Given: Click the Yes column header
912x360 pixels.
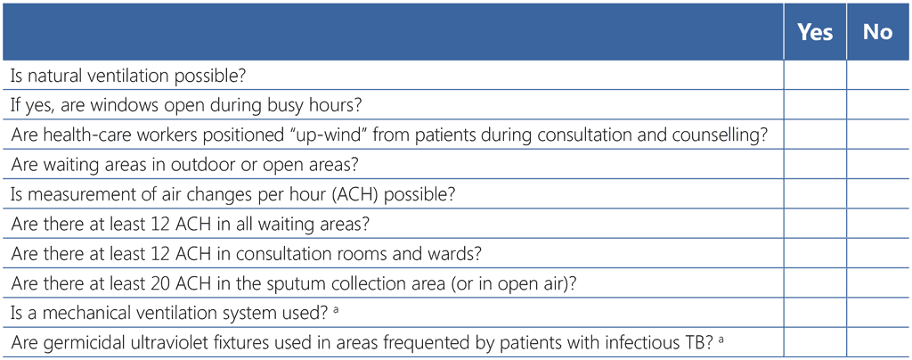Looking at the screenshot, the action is (x=815, y=32).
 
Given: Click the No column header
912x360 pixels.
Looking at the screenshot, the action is (x=877, y=32).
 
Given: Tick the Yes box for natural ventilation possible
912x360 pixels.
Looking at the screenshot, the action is (x=815, y=75).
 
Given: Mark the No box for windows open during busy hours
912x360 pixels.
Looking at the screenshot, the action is (x=877, y=104).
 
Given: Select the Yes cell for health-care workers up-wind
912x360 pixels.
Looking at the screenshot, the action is (x=815, y=135).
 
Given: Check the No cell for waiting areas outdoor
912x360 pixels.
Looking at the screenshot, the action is (x=877, y=164).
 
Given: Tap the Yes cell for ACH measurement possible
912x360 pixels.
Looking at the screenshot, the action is (x=815, y=193).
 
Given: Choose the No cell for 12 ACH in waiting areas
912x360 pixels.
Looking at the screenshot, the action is (x=877, y=224).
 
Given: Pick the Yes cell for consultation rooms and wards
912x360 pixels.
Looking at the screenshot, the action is (x=815, y=253).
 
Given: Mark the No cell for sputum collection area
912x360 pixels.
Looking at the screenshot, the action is (x=877, y=282).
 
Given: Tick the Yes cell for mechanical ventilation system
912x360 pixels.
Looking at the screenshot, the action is (x=815, y=312).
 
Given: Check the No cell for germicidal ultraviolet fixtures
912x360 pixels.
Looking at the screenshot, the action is (x=877, y=342).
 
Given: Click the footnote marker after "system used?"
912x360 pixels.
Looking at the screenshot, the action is (x=335, y=309).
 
